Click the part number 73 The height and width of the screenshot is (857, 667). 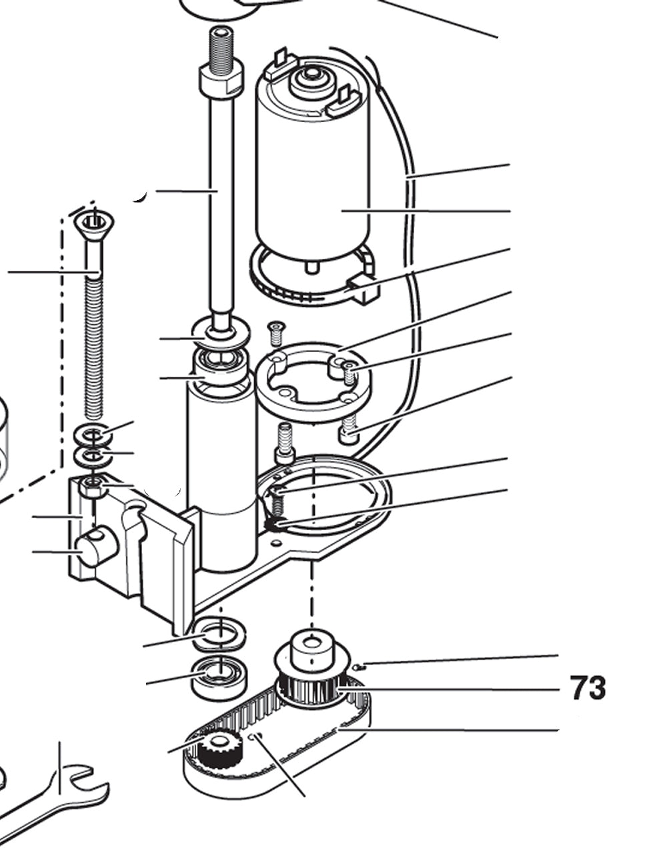pos(588,688)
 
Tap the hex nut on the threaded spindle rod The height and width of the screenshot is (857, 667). pos(219,77)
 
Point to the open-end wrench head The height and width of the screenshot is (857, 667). pos(80,787)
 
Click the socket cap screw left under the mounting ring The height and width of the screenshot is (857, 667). pos(285,444)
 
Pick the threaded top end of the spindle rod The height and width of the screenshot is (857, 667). pos(221,44)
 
